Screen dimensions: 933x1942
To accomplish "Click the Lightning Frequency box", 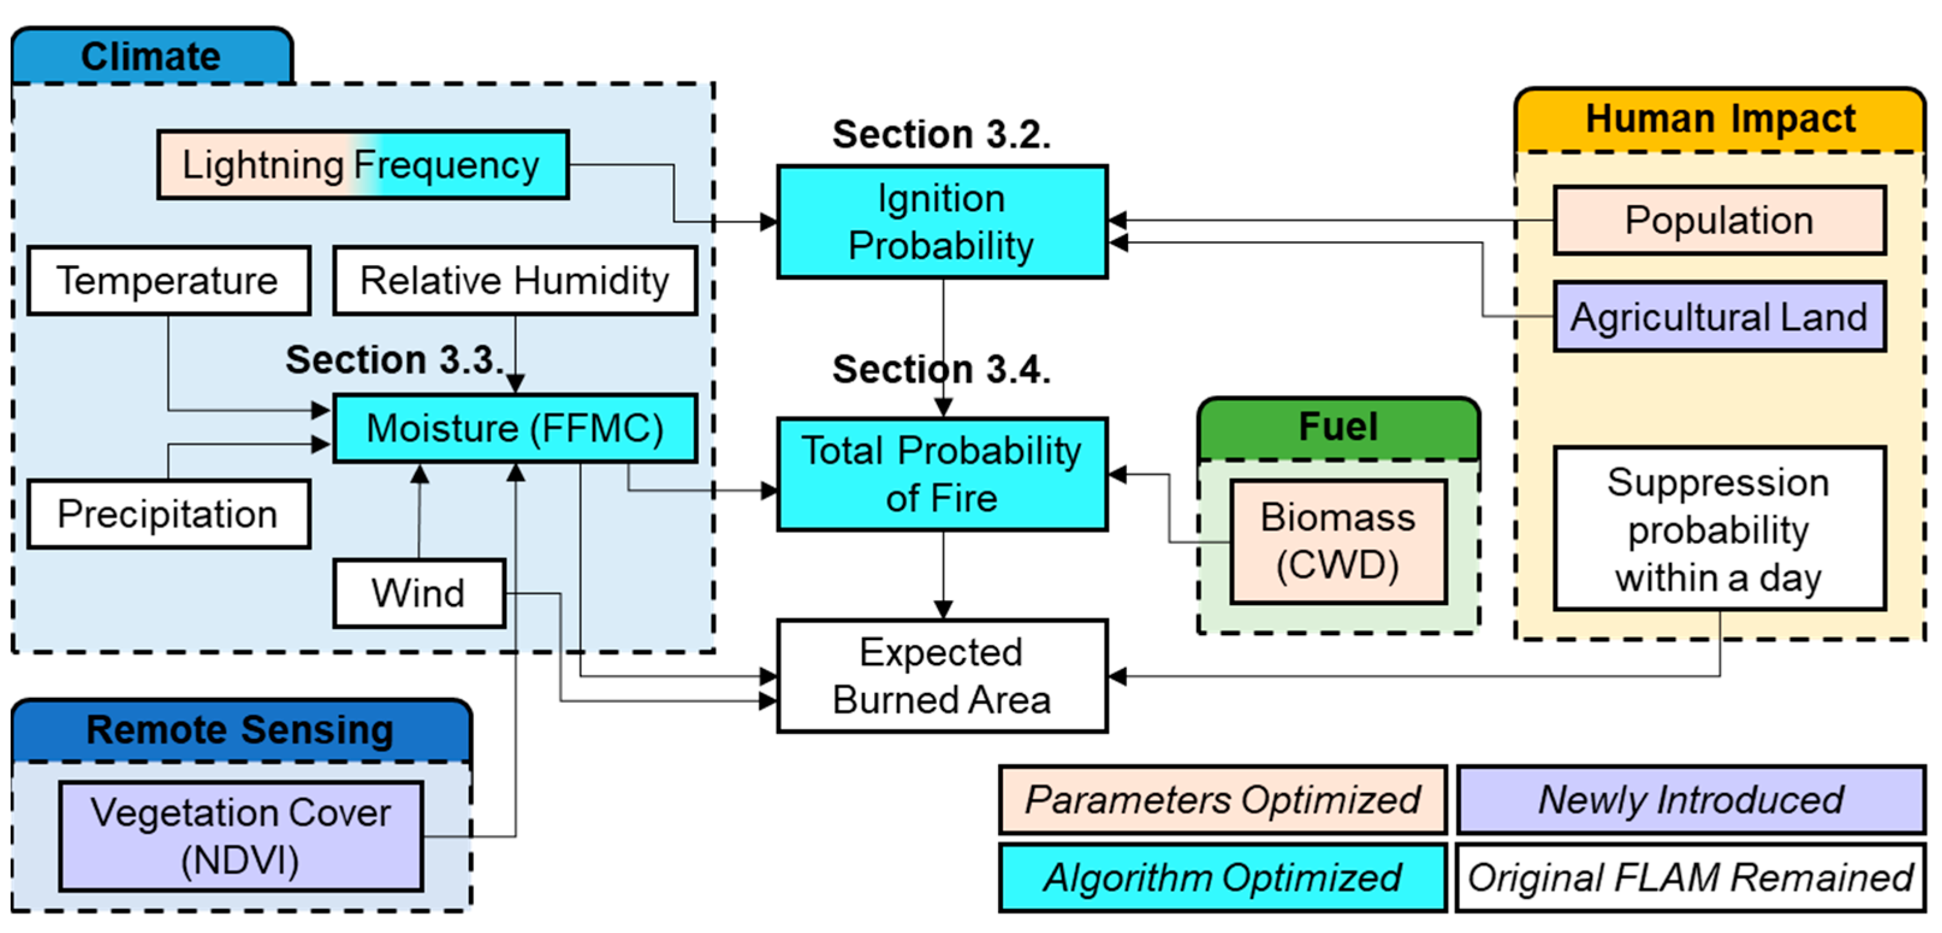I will (363, 164).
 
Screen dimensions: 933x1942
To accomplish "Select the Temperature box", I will (169, 280).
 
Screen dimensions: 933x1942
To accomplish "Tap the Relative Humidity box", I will (515, 280).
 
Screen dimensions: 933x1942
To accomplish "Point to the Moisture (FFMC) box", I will (515, 428).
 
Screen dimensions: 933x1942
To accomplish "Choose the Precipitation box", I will (169, 514).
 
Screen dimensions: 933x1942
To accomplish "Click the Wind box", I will (419, 593).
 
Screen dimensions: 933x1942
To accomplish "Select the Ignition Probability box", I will (942, 222).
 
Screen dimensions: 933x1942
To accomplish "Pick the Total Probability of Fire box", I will (942, 473).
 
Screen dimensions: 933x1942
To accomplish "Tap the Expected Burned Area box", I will (942, 676).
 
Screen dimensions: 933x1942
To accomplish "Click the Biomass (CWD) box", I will (1338, 541).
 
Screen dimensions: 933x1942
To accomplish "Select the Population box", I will (1720, 220).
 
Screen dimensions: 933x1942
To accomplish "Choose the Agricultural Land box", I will (1720, 317).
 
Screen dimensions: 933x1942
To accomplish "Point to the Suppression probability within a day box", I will (1720, 529).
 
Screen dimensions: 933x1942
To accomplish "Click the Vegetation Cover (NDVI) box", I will (241, 836).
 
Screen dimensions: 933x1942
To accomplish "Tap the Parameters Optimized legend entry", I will (1222, 799).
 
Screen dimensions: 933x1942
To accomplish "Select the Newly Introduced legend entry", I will (1691, 799).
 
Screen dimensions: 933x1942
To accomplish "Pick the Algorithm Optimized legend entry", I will (1222, 877).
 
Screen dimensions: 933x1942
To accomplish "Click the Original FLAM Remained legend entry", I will (1691, 877).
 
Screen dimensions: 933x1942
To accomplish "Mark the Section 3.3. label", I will (394, 359).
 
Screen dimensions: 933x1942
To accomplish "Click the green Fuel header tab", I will (1338, 427).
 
